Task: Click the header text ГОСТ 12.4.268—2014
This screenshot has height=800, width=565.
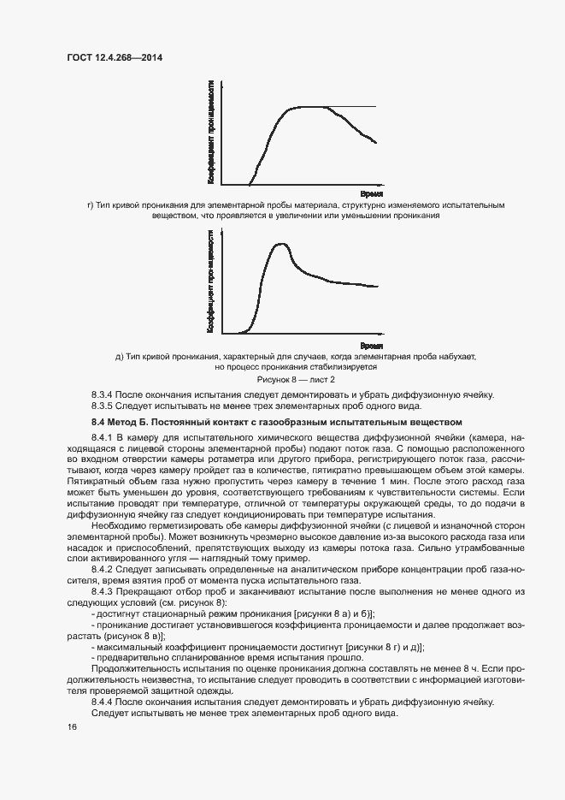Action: [115, 57]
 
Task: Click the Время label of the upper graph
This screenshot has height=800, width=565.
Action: [371, 194]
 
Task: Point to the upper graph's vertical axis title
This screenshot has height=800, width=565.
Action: [210, 132]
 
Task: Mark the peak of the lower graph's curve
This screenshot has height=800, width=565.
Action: [279, 245]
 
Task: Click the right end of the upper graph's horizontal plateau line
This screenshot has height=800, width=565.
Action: [375, 107]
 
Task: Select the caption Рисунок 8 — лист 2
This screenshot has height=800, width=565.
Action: [296, 378]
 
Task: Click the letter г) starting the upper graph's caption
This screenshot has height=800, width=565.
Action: [91, 205]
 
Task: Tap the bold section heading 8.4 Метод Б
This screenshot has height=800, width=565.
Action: [276, 422]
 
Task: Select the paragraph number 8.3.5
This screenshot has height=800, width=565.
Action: [103, 406]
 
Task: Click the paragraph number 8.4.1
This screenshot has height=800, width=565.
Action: [103, 438]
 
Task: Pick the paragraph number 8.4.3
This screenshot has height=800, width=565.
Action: [103, 593]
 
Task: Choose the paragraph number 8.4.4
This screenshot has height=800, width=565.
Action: [103, 701]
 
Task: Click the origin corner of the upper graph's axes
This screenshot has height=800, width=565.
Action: [221, 185]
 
